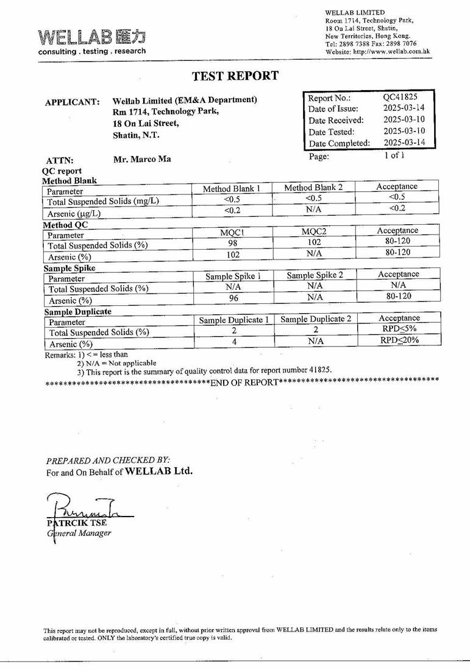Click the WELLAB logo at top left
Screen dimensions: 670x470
tap(92, 41)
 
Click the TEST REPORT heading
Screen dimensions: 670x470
tap(235, 76)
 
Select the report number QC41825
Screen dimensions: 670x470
tap(400, 96)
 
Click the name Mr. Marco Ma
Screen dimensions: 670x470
tap(142, 160)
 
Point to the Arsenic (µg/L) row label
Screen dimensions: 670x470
tap(74, 214)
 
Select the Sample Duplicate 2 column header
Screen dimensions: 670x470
tap(316, 319)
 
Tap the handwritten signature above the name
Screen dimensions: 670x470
tap(85, 505)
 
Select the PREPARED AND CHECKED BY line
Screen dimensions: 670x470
tap(109, 460)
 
